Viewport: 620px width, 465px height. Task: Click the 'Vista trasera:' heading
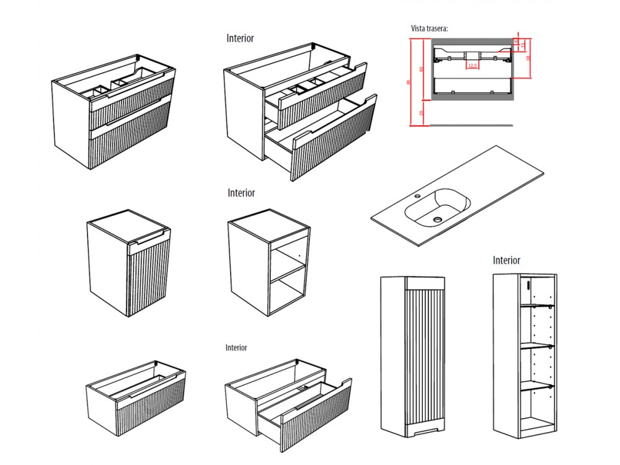(429, 29)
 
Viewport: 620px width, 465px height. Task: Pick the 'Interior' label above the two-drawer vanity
(240, 38)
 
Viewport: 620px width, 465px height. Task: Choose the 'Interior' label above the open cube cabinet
(241, 193)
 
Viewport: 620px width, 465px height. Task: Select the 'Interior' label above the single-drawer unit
(236, 348)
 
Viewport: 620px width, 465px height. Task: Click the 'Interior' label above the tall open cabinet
(507, 260)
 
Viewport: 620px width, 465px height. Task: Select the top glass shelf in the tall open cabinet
(536, 306)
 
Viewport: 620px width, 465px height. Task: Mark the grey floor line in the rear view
(471, 124)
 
